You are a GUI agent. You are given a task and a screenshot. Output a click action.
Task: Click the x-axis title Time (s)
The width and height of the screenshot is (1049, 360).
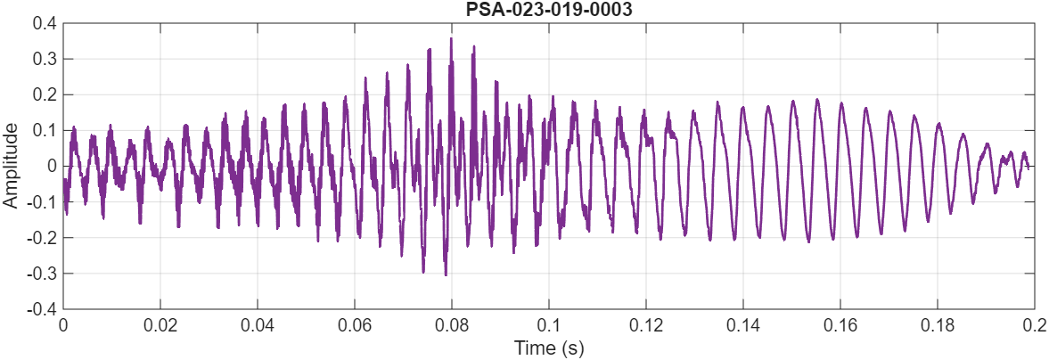point(548,347)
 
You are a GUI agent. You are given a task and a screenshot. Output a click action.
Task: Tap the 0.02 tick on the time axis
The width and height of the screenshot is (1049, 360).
point(160,324)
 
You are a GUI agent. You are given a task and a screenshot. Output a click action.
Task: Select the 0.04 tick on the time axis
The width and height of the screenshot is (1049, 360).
point(258,324)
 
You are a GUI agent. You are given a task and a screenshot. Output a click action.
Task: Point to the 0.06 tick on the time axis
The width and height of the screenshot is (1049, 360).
point(355,324)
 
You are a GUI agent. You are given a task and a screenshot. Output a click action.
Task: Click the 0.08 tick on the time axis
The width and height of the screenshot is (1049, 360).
point(452,324)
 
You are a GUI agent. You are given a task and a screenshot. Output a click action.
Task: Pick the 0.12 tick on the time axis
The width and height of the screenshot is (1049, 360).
point(646,324)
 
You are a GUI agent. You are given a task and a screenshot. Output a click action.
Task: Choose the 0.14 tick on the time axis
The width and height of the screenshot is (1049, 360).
point(743,324)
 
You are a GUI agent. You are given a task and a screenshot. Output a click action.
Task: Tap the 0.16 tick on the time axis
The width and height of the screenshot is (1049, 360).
point(840,324)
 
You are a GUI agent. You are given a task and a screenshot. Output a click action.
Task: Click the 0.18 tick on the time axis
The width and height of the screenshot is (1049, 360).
point(938,324)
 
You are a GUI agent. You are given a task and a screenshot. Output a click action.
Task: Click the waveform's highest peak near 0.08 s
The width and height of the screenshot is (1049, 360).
point(451,38)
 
